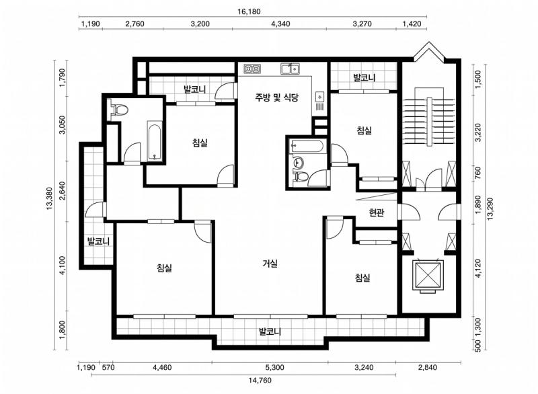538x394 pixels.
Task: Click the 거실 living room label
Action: (x=270, y=264)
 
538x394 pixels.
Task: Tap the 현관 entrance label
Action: (x=377, y=213)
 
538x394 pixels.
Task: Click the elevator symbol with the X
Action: (x=428, y=274)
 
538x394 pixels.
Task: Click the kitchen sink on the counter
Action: (x=291, y=68)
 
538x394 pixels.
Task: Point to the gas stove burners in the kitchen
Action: (x=253, y=68)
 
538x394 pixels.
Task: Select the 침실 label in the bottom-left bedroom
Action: (x=164, y=268)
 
